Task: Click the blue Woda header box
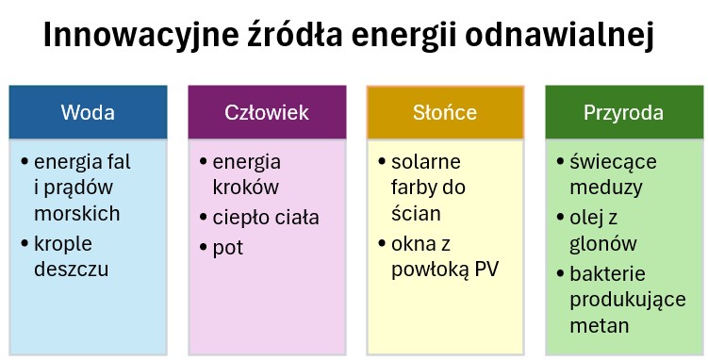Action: (88, 113)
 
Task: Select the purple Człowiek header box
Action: (266, 113)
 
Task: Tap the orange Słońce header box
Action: (444, 113)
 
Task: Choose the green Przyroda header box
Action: (623, 113)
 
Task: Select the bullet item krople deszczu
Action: (71, 256)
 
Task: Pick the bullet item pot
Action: (228, 248)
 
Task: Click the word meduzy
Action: (604, 187)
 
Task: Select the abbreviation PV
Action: (486, 270)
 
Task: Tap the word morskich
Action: (76, 213)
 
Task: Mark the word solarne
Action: (425, 161)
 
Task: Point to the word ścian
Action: (416, 213)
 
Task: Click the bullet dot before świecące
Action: (560, 161)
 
